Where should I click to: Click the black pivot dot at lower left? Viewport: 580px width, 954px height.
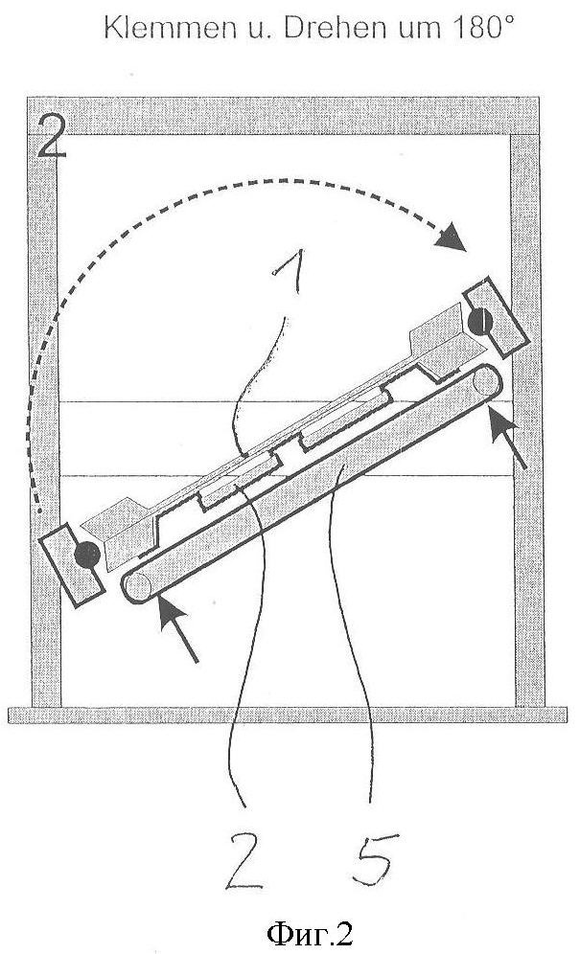(x=89, y=554)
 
